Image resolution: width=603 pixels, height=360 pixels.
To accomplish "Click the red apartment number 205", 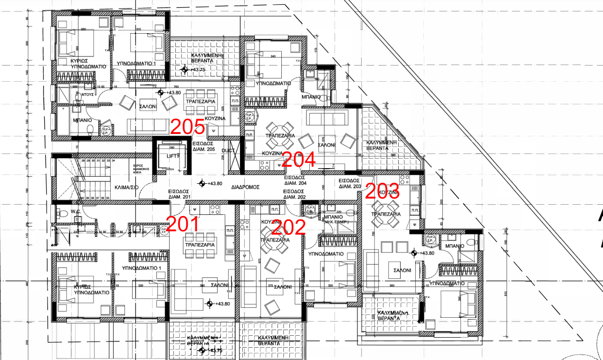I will [188, 127].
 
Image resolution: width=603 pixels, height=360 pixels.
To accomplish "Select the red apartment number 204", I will [298, 160].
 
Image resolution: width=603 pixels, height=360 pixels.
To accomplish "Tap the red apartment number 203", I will [382, 191].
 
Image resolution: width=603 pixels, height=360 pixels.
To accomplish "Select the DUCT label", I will [228, 151].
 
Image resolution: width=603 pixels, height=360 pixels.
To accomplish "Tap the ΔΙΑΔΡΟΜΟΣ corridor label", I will [245, 187].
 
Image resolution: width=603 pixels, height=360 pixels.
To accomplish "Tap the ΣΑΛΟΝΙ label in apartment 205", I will [148, 107].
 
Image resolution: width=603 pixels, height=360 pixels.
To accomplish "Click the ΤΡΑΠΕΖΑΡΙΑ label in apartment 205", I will [201, 102].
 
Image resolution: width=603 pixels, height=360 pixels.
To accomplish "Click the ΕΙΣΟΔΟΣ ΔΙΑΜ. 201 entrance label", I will [179, 194].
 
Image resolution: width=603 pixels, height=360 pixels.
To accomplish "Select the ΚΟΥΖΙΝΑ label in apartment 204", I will [272, 154].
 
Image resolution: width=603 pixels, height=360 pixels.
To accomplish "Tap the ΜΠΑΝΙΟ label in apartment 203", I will [455, 246].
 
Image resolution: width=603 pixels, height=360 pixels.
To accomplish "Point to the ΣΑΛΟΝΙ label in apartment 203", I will [402, 269].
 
